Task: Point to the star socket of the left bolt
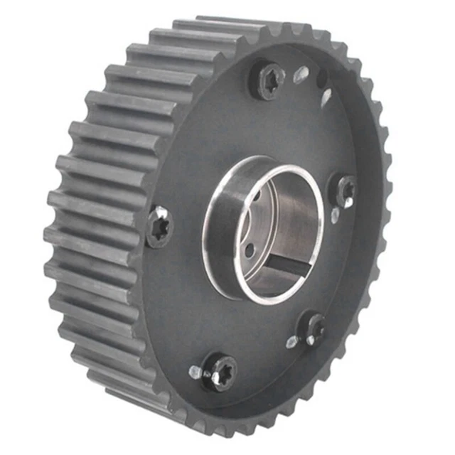coord(159,226)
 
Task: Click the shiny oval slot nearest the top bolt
coord(301,73)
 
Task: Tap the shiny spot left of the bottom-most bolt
coord(195,371)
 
